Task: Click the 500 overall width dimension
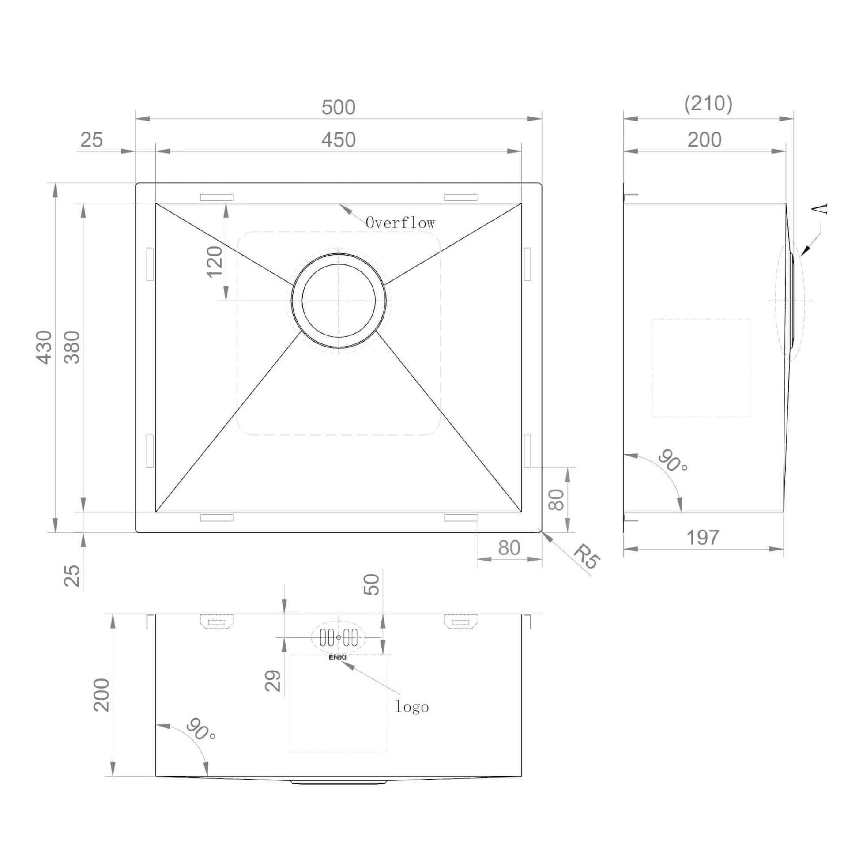(x=339, y=108)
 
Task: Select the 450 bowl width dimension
(x=339, y=140)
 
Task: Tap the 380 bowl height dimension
(x=72, y=347)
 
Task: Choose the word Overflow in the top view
(x=400, y=223)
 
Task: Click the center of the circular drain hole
(x=339, y=301)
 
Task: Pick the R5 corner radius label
(x=587, y=556)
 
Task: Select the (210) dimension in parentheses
(x=708, y=104)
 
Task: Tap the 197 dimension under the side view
(x=702, y=538)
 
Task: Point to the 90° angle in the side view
(x=673, y=461)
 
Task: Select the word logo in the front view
(x=412, y=707)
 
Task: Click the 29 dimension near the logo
(x=273, y=680)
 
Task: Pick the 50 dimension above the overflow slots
(x=372, y=584)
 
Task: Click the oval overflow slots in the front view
(x=339, y=637)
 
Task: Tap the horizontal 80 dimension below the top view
(x=509, y=548)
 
